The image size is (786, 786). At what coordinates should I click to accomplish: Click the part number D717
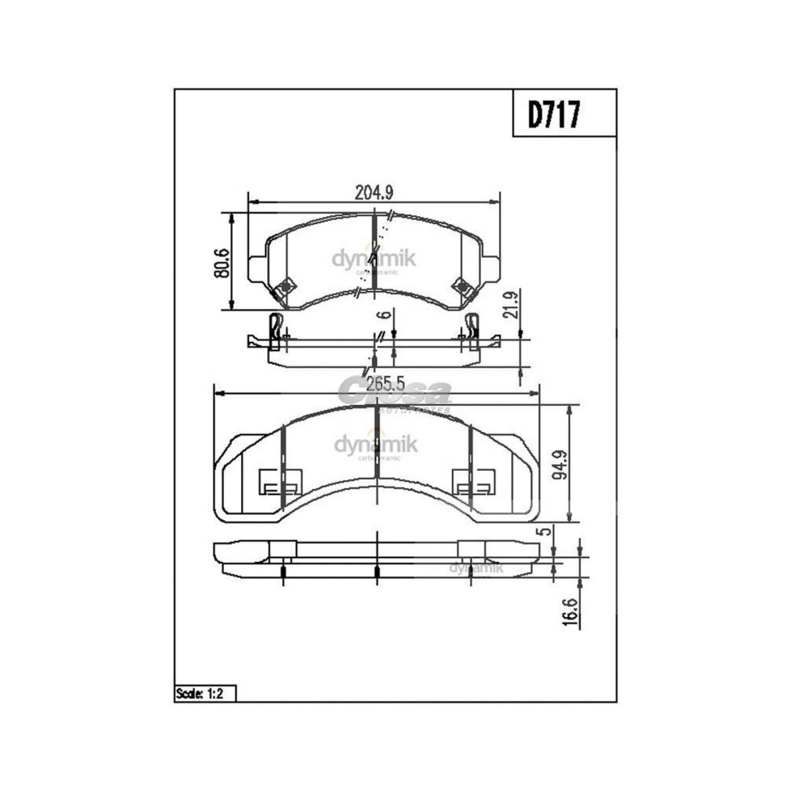pos(554,114)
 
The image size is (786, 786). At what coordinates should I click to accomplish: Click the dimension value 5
pos(543,532)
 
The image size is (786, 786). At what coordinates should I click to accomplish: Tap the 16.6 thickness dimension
pos(570,612)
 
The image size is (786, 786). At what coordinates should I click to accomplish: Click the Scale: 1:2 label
pos(199,694)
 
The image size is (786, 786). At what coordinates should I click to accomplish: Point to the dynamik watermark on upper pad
pos(374,259)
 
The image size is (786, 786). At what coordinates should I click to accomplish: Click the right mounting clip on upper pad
pos(464,287)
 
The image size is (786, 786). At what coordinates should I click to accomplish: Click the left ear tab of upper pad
pos(256,269)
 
